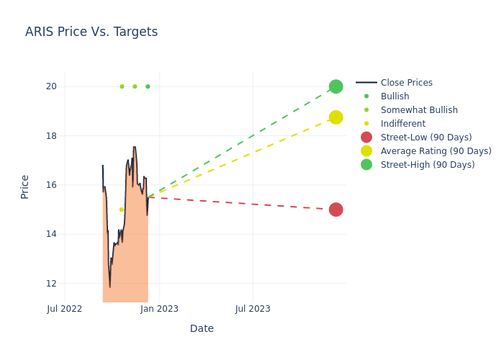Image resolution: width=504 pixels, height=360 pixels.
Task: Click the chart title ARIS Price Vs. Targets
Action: (x=91, y=32)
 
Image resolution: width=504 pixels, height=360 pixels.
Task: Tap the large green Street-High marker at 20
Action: (x=336, y=86)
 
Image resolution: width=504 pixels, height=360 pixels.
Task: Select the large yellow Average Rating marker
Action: (x=336, y=117)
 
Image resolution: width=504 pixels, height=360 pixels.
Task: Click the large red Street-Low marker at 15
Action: (x=336, y=210)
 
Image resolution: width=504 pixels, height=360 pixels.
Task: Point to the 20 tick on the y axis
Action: (x=51, y=86)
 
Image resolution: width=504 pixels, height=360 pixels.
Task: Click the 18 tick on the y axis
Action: (x=51, y=135)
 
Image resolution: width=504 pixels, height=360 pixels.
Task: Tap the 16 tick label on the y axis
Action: (x=51, y=185)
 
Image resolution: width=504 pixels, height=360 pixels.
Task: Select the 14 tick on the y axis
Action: (x=51, y=234)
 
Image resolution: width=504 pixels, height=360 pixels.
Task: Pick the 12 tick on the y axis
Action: (x=51, y=283)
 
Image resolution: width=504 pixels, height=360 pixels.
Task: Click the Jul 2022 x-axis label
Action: (x=65, y=309)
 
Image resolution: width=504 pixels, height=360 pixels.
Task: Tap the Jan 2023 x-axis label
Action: (x=159, y=309)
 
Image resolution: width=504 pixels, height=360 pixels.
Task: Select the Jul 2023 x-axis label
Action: (x=253, y=309)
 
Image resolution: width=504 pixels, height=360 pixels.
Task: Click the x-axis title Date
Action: (x=202, y=328)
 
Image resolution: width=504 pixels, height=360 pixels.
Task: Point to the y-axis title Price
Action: (x=25, y=186)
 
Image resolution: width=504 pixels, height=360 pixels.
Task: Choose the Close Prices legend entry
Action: (x=406, y=83)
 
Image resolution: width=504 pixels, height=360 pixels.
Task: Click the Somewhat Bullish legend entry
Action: (x=419, y=110)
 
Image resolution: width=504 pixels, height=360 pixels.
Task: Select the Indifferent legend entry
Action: (x=402, y=124)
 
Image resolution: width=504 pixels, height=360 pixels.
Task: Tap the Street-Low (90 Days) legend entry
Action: (x=426, y=138)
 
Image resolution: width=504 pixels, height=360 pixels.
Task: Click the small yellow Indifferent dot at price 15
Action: (x=121, y=210)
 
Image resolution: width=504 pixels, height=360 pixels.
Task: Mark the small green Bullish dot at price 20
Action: (x=148, y=86)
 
